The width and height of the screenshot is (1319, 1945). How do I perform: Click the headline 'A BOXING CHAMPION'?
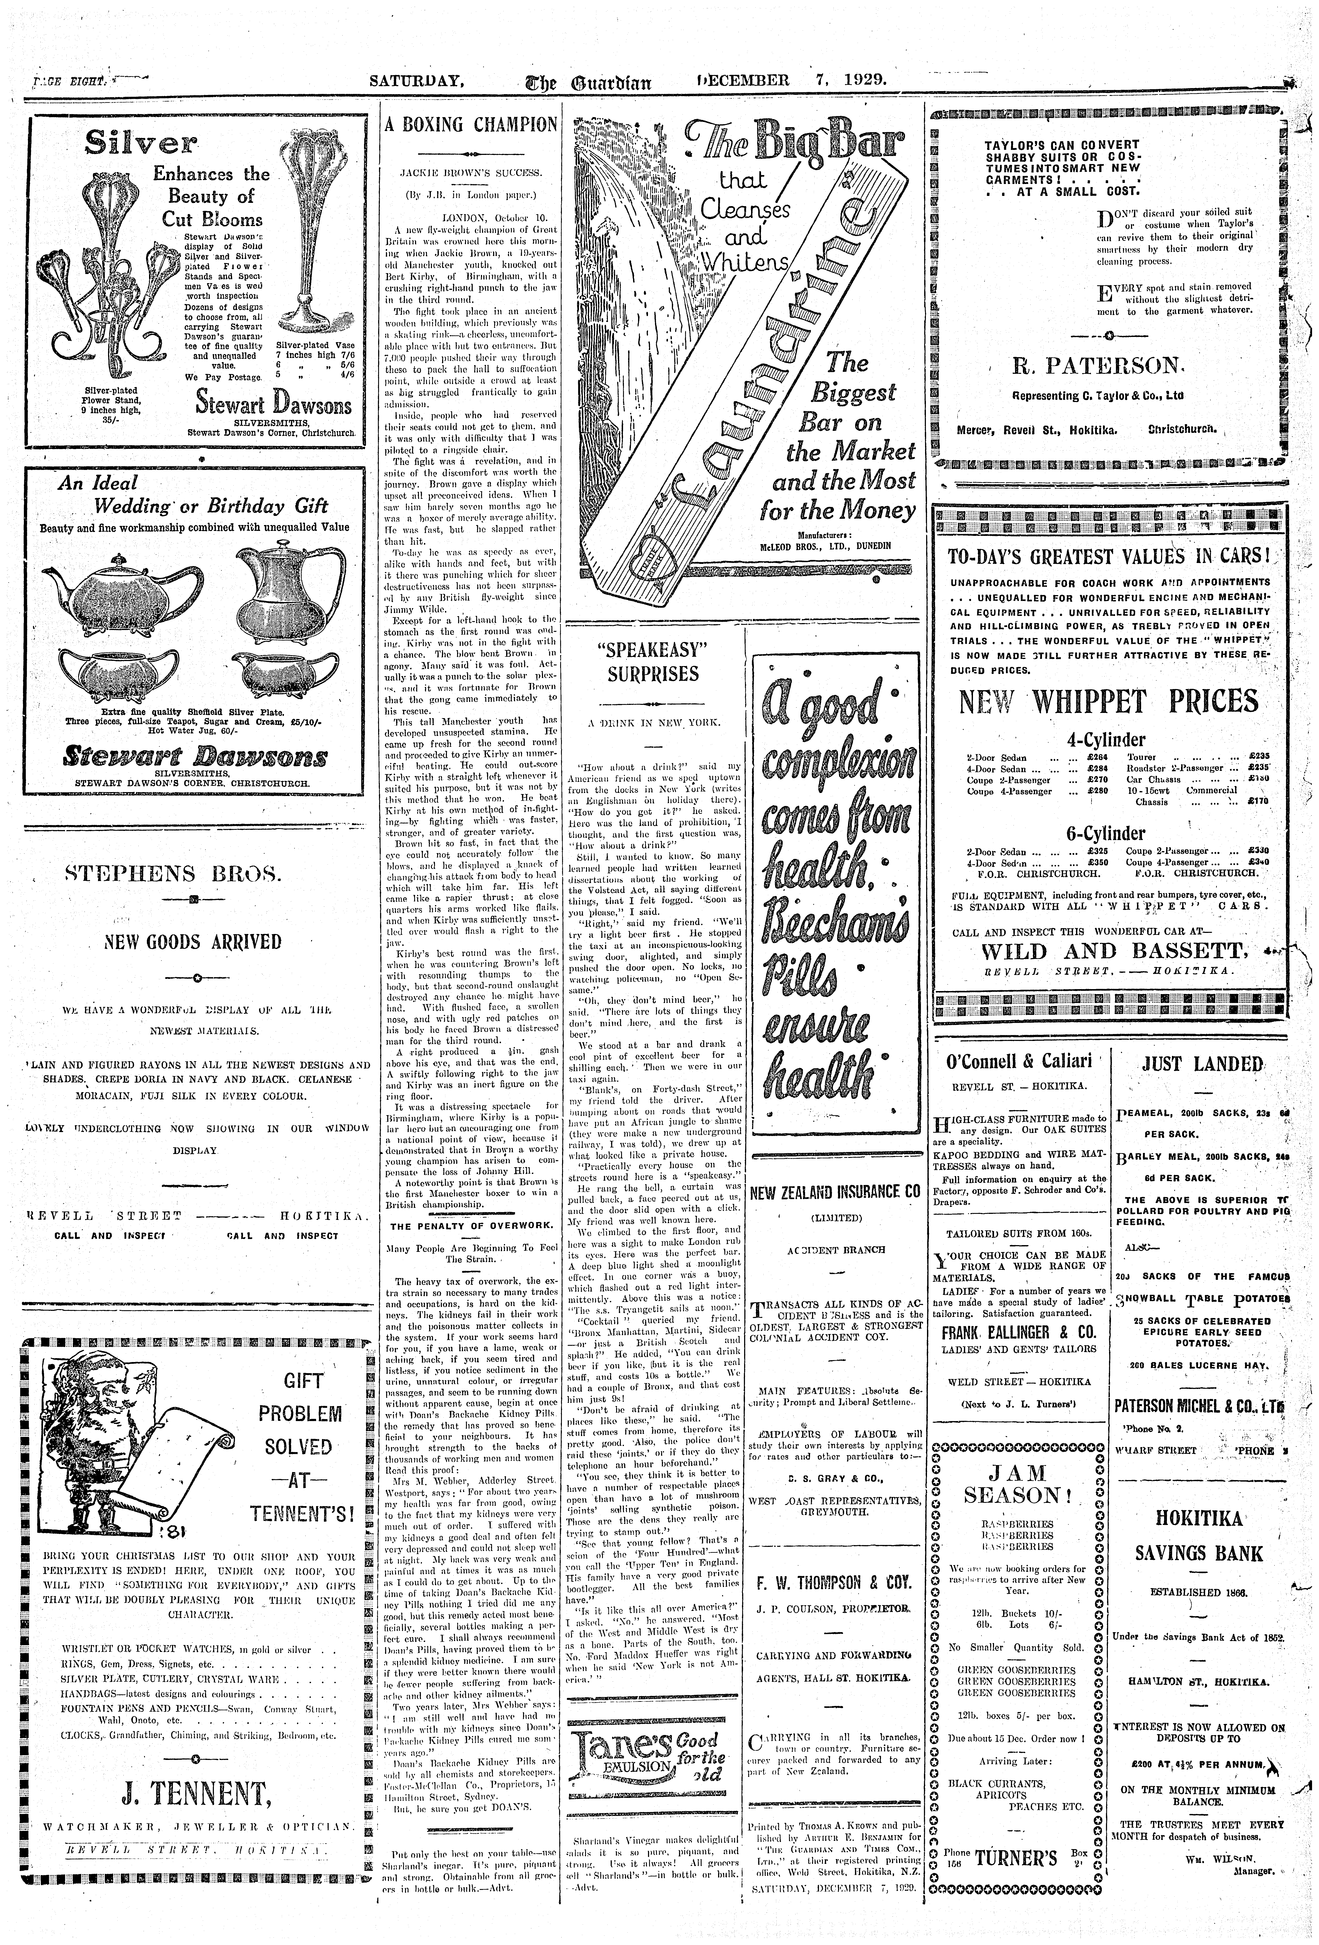coord(470,125)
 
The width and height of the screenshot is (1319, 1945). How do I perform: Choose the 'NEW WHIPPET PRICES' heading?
coord(1108,701)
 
